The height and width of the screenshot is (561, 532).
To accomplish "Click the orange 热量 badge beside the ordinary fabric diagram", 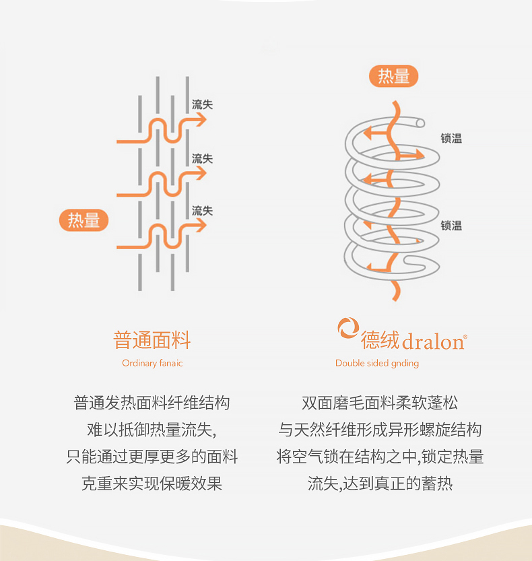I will click(x=84, y=220).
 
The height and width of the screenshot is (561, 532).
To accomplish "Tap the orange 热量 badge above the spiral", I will click(x=394, y=76).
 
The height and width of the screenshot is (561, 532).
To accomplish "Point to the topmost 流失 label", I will click(x=202, y=104).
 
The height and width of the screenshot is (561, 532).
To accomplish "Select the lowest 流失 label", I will click(x=202, y=211).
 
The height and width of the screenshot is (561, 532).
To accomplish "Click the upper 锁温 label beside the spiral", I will click(x=451, y=139).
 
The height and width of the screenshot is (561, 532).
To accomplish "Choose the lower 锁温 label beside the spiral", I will click(x=451, y=226).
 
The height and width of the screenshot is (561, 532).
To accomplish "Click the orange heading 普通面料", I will click(x=152, y=340).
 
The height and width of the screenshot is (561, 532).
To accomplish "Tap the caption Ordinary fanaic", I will click(x=152, y=363).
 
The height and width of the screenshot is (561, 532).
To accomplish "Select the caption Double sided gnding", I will click(x=377, y=363).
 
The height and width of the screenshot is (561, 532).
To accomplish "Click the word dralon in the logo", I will click(x=433, y=341).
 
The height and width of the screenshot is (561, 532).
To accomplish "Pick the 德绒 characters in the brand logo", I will click(x=380, y=340).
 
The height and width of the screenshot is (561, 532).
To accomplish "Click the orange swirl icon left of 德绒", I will click(x=348, y=329).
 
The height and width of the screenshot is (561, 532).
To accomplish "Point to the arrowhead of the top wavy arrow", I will click(x=201, y=120).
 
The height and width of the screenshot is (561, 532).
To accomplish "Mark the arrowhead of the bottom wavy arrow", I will click(x=201, y=226).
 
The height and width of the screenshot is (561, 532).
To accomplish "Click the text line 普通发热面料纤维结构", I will click(x=152, y=403).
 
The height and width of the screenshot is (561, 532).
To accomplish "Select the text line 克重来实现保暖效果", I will click(x=152, y=484).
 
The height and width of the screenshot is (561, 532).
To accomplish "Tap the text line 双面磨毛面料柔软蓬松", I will click(x=380, y=403).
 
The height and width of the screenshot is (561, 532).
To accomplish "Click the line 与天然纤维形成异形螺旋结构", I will click(x=380, y=430).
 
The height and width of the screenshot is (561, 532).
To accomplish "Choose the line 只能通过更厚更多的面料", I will click(x=152, y=457).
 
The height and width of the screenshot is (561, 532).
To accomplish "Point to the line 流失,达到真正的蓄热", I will click(x=380, y=484).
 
